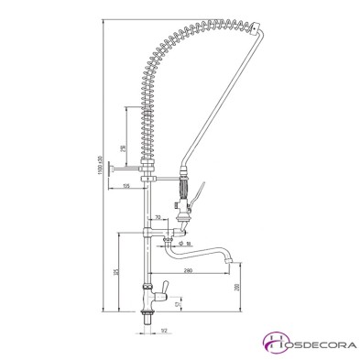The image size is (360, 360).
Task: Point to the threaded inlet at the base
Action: [x=147, y=321]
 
